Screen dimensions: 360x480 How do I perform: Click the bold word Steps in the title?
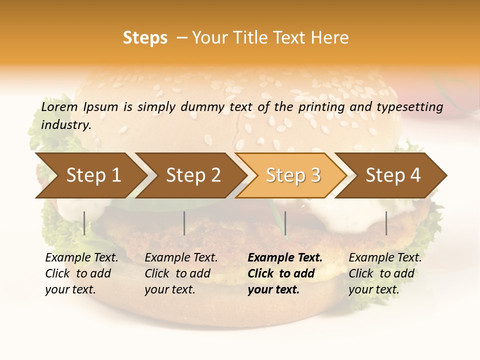coord(145,38)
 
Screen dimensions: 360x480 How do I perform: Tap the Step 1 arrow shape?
coord(90,175)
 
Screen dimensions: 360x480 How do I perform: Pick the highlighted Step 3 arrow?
coord(292,175)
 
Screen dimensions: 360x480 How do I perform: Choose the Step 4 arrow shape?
coord(392,175)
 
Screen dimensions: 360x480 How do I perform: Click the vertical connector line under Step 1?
coord(84,223)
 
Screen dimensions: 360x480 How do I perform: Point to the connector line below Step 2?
coord(184,223)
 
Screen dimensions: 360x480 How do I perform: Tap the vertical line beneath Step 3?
coord(285,223)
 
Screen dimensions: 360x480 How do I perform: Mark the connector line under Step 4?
coord(386,223)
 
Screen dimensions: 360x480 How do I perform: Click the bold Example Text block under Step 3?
coord(285,273)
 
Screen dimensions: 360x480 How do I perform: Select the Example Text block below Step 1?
coord(81,273)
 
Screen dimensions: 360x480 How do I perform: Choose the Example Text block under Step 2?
coord(181,273)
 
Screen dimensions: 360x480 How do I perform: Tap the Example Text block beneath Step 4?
coord(385,273)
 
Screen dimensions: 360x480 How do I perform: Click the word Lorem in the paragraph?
coord(59,106)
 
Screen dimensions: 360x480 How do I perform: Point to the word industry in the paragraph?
coord(66,125)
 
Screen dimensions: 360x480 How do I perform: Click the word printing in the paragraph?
coord(321,106)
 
